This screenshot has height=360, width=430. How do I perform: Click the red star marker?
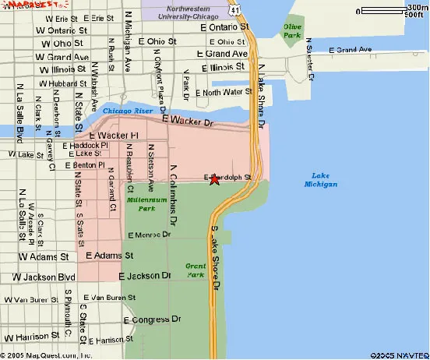point(214,180)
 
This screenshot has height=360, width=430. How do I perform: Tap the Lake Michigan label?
point(320,179)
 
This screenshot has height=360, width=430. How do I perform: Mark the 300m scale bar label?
point(416,9)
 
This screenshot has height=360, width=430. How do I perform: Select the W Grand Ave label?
point(58,57)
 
